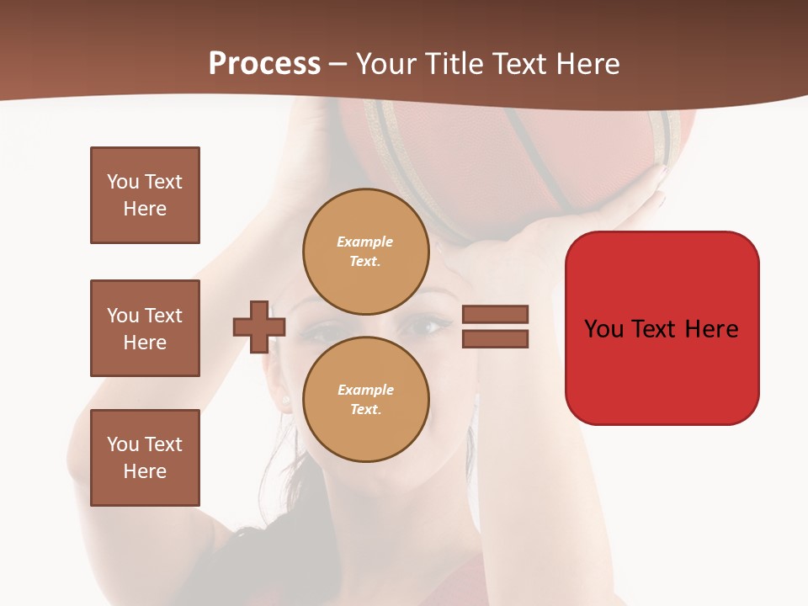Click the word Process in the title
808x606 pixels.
[264, 64]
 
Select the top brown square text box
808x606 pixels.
[145, 195]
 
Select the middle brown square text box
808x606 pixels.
[145, 328]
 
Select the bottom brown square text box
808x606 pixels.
[145, 458]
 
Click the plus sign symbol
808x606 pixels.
[259, 327]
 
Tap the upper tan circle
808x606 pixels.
[365, 251]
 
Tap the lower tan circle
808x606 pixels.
[365, 399]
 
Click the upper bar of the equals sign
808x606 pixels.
[495, 314]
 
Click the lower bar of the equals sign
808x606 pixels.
[495, 339]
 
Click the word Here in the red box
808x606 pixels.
[711, 328]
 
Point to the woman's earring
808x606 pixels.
[286, 400]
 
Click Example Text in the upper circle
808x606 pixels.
[365, 251]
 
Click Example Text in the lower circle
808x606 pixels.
[365, 399]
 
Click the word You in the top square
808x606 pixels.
[123, 182]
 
